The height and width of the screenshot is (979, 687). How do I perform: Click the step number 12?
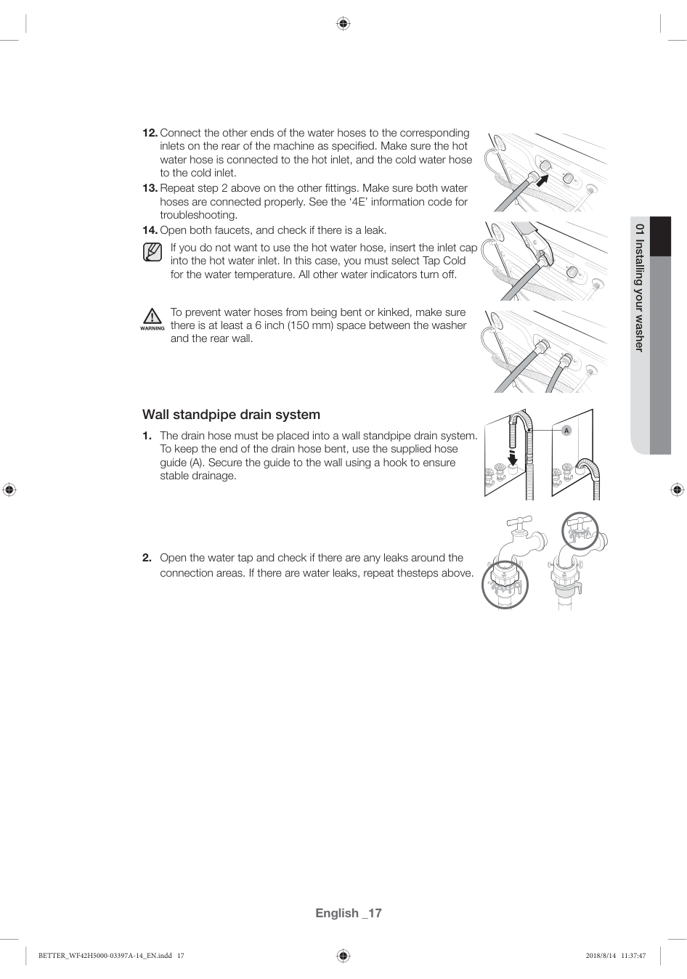(150, 133)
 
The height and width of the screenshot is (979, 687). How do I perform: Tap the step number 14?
(150, 230)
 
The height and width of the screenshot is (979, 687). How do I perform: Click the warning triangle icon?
(152, 317)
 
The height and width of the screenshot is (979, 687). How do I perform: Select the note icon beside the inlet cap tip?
(153, 252)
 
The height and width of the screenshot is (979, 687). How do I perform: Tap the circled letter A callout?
(567, 431)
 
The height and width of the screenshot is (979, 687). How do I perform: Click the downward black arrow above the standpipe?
(513, 458)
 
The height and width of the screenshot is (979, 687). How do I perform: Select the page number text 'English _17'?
(348, 913)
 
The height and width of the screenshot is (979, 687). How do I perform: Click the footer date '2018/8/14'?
(600, 956)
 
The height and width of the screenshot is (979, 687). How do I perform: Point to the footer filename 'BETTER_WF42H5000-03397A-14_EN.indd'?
(105, 956)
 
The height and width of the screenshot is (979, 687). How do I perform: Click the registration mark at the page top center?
(343, 24)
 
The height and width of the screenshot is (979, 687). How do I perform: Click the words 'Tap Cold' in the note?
(444, 261)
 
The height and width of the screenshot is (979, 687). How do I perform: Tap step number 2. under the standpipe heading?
(147, 558)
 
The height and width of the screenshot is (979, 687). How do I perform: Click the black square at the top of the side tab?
(660, 237)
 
